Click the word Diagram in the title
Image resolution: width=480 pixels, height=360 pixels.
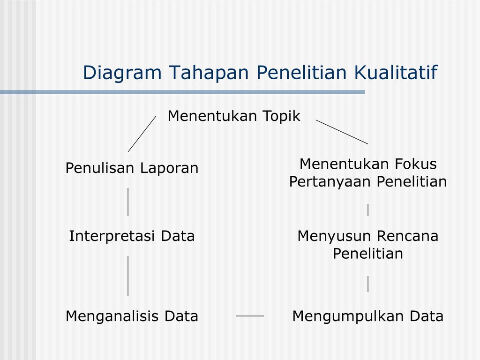pyautogui.click(x=122, y=73)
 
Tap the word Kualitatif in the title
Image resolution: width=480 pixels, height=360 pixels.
pyautogui.click(x=396, y=72)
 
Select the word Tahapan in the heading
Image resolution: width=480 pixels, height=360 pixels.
pyautogui.click(x=209, y=73)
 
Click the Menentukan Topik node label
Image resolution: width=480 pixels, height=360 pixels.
pyautogui.click(x=234, y=116)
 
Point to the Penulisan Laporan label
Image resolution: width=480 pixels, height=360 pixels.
pyautogui.click(x=132, y=168)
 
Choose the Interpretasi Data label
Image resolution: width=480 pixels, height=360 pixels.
pyautogui.click(x=132, y=236)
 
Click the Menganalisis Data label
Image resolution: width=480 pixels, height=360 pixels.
pyautogui.click(x=132, y=316)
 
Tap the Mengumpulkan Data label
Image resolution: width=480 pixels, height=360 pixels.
pyautogui.click(x=368, y=316)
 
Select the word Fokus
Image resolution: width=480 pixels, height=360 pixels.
pyautogui.click(x=415, y=164)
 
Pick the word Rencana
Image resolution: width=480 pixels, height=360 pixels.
pyautogui.click(x=407, y=236)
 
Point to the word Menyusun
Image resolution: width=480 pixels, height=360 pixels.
pyautogui.click(x=335, y=237)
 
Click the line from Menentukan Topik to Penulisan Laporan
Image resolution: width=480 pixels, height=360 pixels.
pyautogui.click(x=142, y=134)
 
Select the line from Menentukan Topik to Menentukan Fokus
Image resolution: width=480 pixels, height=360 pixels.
pyautogui.click(x=342, y=132)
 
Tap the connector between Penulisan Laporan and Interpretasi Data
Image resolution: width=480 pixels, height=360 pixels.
pyautogui.click(x=128, y=202)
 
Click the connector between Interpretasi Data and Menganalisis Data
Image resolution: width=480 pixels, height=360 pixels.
pyautogui.click(x=128, y=276)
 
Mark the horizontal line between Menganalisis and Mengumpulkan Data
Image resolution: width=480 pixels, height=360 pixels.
pyautogui.click(x=250, y=316)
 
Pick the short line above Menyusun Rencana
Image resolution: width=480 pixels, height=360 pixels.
pyautogui.click(x=368, y=210)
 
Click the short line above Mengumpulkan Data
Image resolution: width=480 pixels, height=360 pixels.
pyautogui.click(x=368, y=284)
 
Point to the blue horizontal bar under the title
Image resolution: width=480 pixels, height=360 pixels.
pyautogui.click(x=182, y=92)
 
